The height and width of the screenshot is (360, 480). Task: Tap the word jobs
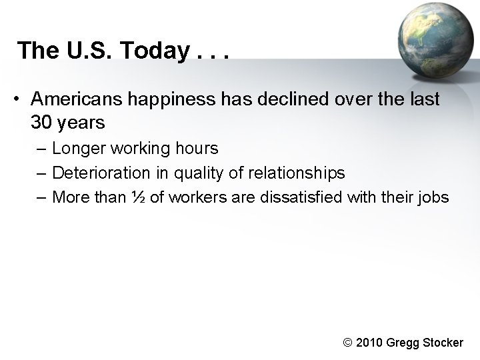434,197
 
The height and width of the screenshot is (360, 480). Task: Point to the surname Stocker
441,343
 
